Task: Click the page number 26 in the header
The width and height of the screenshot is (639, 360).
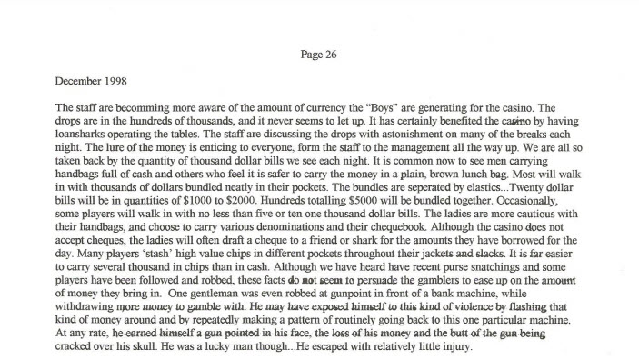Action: coord(332,55)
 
